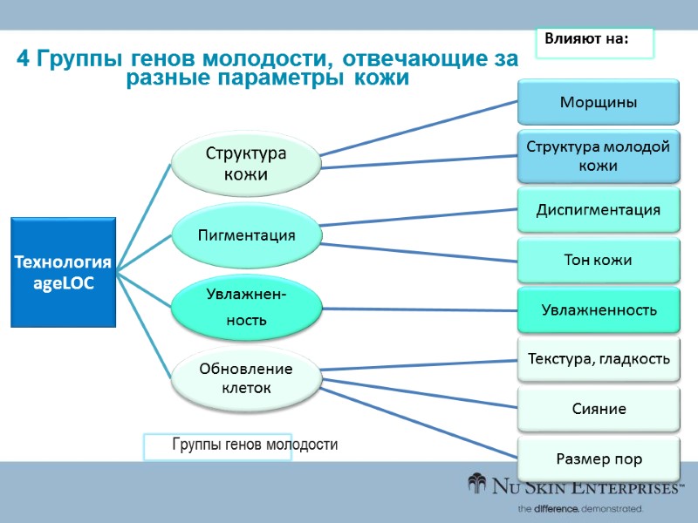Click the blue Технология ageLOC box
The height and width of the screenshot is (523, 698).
tap(64, 272)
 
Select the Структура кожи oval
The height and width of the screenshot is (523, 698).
tap(245, 163)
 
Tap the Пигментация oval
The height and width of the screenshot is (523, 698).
tap(245, 235)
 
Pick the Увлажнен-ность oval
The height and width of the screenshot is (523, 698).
tap(245, 307)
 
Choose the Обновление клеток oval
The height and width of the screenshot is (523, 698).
tap(245, 377)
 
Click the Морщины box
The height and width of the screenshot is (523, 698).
tap(598, 102)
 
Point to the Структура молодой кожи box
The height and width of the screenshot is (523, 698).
tap(598, 156)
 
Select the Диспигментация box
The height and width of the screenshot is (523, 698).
tap(598, 209)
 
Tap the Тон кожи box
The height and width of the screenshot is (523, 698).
tap(598, 260)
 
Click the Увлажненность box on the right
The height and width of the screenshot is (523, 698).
tap(598, 309)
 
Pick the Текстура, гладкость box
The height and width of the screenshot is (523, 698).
tap(598, 358)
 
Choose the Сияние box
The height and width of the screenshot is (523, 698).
tap(598, 408)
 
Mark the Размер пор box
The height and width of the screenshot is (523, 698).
tap(598, 458)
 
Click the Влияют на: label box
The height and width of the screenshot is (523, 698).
tap(594, 40)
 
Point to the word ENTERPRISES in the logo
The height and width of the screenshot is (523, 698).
tap(623, 488)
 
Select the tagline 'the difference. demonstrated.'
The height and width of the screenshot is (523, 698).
tap(579, 507)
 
